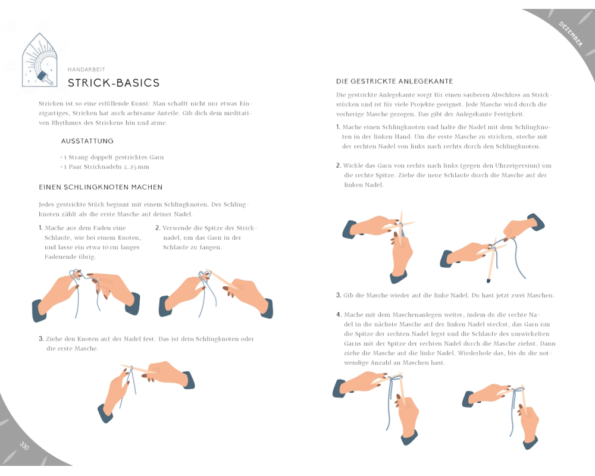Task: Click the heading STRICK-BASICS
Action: pos(113,83)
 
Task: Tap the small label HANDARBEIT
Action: pos(86,69)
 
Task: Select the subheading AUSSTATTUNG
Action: pos(87,142)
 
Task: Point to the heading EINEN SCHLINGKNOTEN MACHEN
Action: pos(101,187)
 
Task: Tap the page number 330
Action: pos(24,446)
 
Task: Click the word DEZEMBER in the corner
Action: pos(571,33)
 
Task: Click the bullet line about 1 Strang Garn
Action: pos(113,157)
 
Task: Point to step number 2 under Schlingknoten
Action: pos(158,228)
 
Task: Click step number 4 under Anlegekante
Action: pos(339,315)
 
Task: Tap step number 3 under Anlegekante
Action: pos(339,295)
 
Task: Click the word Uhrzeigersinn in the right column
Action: pos(511,165)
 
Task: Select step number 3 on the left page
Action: pos(41,339)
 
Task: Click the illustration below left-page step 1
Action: pos(86,294)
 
